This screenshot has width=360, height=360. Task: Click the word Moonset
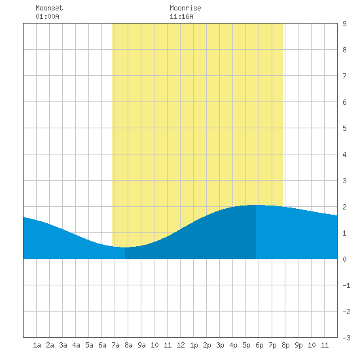[x=49, y=8]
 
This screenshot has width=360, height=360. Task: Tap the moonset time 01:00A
[x=47, y=16]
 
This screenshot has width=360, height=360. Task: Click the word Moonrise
[x=185, y=8]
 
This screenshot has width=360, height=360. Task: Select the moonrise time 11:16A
[x=181, y=16]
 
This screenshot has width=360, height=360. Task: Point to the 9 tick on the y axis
[x=344, y=24]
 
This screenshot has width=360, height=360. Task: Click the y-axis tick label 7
[x=344, y=76]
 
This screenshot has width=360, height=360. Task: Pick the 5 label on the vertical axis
[x=344, y=128]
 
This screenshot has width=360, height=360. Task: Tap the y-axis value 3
[x=344, y=181]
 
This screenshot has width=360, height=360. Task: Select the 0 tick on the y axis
[x=344, y=259]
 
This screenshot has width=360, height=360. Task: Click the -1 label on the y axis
[x=346, y=285]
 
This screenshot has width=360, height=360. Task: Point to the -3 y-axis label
[x=346, y=338]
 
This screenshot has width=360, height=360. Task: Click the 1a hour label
[x=37, y=345]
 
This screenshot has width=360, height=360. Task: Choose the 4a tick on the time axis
[x=76, y=345]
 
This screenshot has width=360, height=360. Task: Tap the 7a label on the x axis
[x=115, y=345]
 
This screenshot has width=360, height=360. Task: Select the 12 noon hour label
[x=181, y=345]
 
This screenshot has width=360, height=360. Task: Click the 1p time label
[x=194, y=345]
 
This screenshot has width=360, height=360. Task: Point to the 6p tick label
[x=259, y=345]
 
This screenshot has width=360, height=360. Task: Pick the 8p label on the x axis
[x=285, y=345]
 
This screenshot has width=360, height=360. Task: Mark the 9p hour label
[x=298, y=345]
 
